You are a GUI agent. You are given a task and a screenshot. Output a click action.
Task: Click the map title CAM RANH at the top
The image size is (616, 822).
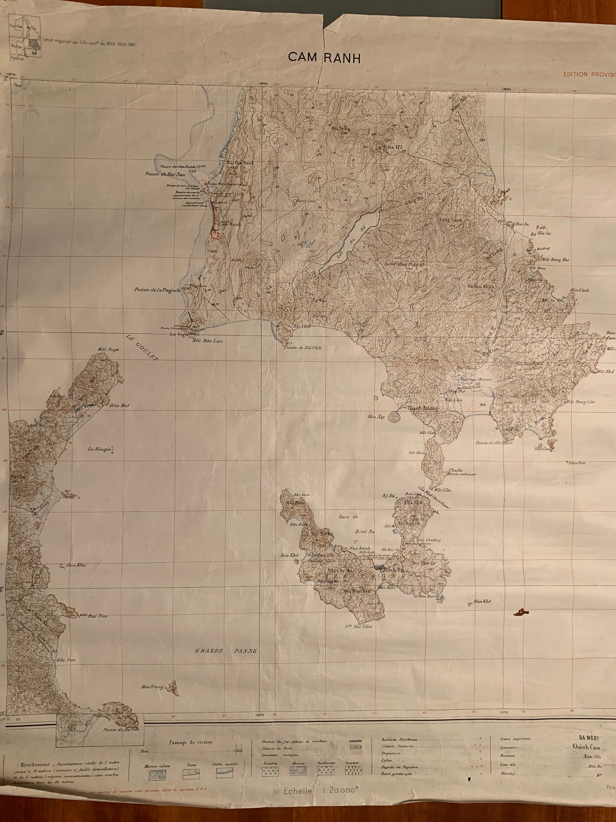[x=324, y=57]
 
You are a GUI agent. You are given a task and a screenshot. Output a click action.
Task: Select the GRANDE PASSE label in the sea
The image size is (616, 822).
[x=226, y=651]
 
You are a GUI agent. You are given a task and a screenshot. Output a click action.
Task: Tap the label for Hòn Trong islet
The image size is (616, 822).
[x=153, y=687]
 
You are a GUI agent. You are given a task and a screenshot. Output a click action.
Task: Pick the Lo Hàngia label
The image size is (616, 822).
[x=100, y=449]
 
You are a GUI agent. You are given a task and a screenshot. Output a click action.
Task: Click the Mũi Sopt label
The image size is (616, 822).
[x=108, y=349]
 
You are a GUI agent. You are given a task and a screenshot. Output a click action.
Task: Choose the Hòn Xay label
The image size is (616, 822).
[x=377, y=417]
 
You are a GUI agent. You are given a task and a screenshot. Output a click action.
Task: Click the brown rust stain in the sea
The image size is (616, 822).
[x=520, y=613]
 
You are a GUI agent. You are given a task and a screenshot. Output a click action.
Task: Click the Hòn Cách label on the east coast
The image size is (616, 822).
[x=579, y=290]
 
